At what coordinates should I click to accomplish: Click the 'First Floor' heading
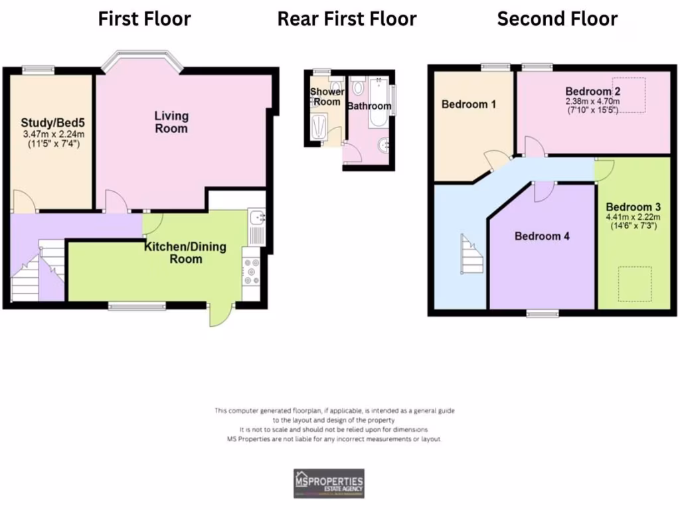144,19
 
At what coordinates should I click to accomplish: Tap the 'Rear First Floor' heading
347,19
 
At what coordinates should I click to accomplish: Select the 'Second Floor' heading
557,19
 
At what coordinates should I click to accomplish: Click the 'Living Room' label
171,122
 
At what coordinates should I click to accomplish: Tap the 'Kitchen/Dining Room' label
185,252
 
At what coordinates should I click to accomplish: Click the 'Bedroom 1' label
469,104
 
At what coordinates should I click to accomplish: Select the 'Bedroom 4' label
542,236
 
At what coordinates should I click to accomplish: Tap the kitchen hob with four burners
252,270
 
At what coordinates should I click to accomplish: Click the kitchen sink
256,218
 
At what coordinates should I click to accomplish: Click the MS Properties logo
329,483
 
